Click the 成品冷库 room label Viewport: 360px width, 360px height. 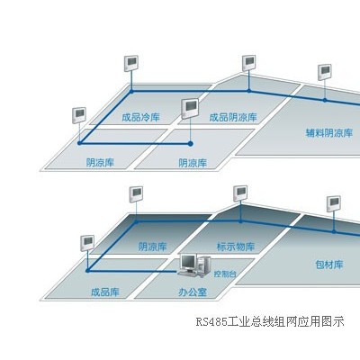pos(140,117)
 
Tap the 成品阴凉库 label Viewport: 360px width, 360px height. pos(233,117)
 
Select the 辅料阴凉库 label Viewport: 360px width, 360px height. pos(329,132)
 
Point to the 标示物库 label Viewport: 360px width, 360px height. pos(236,247)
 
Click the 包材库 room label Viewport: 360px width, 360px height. pos(329,265)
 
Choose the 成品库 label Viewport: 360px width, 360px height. pos(105,292)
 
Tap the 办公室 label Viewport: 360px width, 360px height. pos(193,292)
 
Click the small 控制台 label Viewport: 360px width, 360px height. pos(225,274)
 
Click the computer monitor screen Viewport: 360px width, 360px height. pos(188,262)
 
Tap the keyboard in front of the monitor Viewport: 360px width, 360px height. pos(187,273)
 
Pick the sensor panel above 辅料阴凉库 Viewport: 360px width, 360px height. pos(325,72)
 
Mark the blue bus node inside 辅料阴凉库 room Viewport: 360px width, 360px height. pos(325,100)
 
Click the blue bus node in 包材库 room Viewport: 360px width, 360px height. pos(334,231)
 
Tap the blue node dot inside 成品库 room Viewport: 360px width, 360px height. pos(87,271)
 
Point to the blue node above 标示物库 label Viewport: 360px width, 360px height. pos(240,221)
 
